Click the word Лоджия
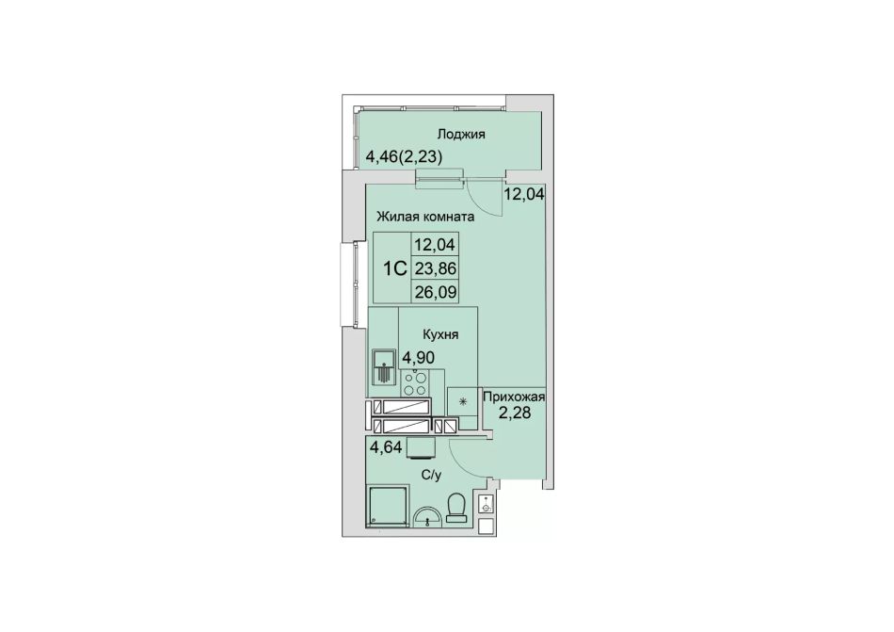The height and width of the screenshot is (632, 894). [461, 135]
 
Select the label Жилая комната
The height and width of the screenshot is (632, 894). [425, 217]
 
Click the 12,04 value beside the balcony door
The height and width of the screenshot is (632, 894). [524, 194]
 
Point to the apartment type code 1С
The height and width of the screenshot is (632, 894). [394, 268]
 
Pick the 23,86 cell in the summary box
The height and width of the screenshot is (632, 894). [436, 268]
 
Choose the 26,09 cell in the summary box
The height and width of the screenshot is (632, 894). [436, 293]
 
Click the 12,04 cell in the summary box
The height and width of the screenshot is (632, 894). [436, 245]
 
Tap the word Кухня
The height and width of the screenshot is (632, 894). [440, 334]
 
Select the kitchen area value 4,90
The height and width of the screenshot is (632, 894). [419, 358]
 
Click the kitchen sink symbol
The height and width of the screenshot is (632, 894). [383, 367]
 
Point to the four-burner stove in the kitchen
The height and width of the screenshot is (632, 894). [414, 383]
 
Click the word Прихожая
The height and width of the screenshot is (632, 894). [514, 397]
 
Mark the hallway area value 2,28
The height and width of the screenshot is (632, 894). [515, 413]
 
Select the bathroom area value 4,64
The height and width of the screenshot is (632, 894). [386, 447]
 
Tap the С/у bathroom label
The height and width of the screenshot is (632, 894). [432, 475]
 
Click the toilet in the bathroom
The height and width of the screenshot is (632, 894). [456, 508]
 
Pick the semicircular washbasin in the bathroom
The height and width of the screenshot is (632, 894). [427, 516]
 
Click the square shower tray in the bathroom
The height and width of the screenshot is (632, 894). [388, 505]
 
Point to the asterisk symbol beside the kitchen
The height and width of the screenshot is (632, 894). [462, 401]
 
